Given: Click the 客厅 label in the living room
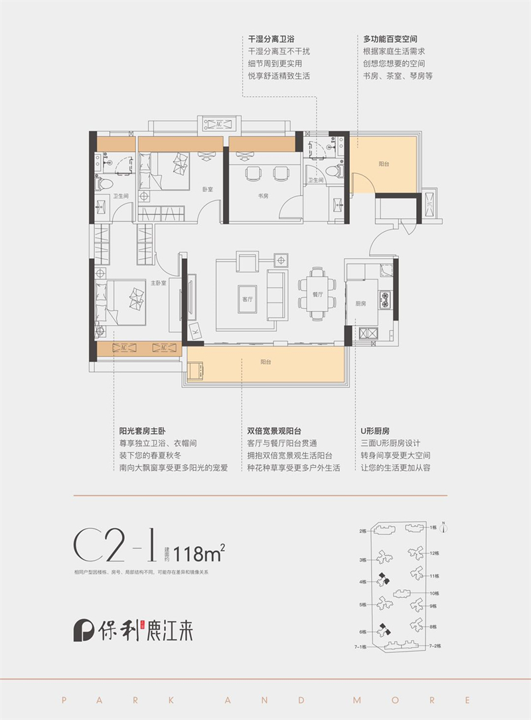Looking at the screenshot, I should [x=248, y=299].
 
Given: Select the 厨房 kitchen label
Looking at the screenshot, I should [x=360, y=303].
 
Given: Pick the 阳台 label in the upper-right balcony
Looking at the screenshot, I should [x=384, y=164].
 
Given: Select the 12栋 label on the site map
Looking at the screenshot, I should [x=435, y=553].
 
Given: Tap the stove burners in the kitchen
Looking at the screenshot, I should [x=383, y=300].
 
